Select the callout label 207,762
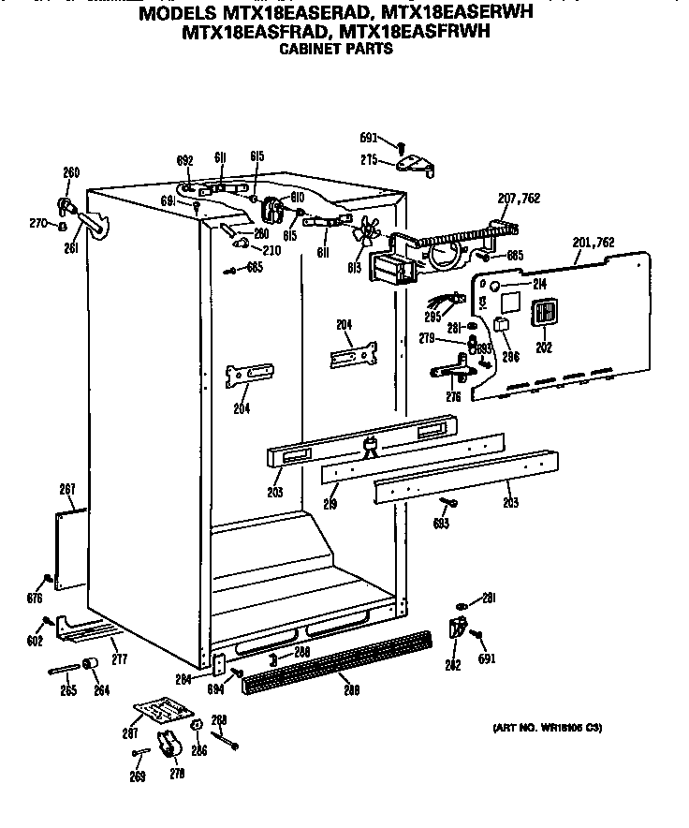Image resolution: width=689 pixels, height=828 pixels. pyautogui.click(x=519, y=199)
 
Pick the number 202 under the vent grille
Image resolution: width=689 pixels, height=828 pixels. pyautogui.click(x=544, y=347)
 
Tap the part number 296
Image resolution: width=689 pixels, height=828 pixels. pyautogui.click(x=510, y=357)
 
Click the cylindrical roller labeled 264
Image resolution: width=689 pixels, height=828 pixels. pyautogui.click(x=93, y=666)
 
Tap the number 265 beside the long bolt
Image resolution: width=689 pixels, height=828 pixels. pyautogui.click(x=68, y=690)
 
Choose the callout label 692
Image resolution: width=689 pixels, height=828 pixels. pyautogui.click(x=183, y=159)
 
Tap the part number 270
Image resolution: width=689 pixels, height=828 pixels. pyautogui.click(x=37, y=222)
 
